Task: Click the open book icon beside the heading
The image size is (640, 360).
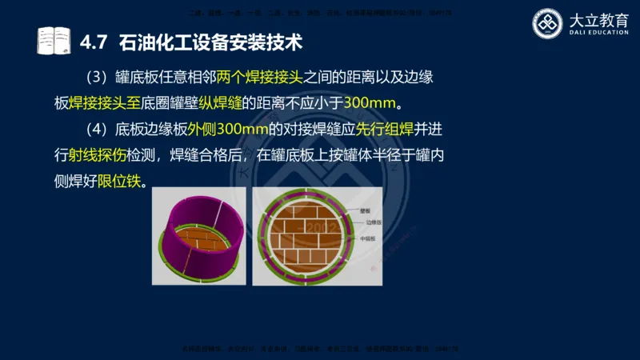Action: point(53,40)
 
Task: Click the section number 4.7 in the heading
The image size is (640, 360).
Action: point(95,40)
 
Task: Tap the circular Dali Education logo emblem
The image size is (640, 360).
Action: point(549,23)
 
